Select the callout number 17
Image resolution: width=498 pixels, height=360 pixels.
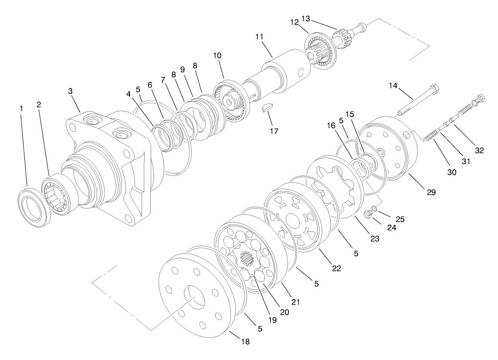click(274, 130)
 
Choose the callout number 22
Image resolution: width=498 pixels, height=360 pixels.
click(336, 268)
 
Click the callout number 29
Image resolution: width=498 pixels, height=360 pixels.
click(431, 192)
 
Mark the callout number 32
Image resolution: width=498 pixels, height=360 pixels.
click(479, 151)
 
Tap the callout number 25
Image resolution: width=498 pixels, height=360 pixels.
click(400, 219)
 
